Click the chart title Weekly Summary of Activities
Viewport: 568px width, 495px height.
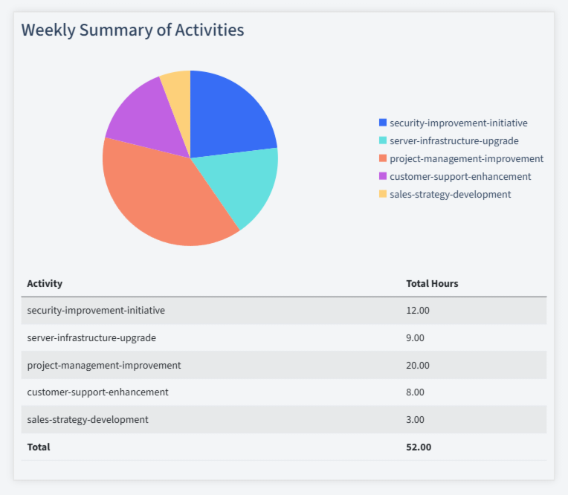click(x=132, y=30)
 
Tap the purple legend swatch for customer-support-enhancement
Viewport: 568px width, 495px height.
click(x=383, y=176)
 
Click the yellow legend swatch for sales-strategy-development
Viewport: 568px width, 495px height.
click(x=383, y=194)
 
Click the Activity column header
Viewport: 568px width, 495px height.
click(x=45, y=283)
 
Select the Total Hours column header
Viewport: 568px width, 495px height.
click(x=432, y=283)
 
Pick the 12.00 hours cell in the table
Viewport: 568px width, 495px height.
click(x=418, y=311)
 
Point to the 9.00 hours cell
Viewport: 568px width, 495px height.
click(x=415, y=337)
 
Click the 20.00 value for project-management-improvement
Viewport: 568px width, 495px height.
click(x=418, y=365)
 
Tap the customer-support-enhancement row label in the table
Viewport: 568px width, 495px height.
click(x=97, y=392)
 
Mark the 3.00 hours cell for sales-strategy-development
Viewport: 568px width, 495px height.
click(x=415, y=419)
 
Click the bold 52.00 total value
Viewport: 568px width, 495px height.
click(x=419, y=447)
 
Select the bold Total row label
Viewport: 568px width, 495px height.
click(x=39, y=447)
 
